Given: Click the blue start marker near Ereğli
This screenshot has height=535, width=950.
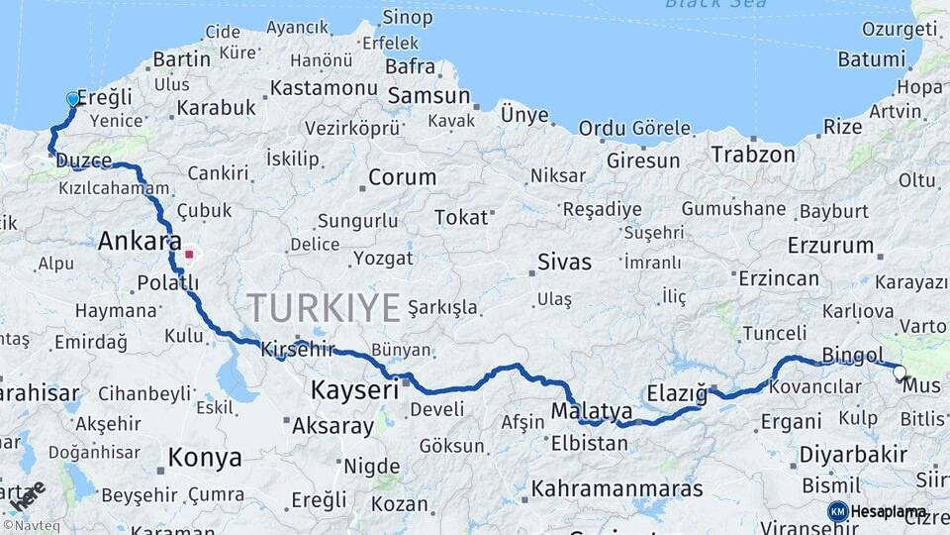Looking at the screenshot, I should [72, 99].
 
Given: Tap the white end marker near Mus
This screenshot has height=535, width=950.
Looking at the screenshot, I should [900, 374].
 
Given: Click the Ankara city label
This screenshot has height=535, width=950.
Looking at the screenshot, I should [139, 241].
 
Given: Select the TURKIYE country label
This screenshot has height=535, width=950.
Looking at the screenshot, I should [324, 307].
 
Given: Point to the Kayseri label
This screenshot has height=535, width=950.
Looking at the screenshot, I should [354, 389].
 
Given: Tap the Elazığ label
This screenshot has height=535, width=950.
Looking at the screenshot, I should [677, 394].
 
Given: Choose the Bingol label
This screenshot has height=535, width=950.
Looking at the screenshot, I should [852, 355].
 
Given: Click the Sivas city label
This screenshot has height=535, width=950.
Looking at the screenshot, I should [564, 263].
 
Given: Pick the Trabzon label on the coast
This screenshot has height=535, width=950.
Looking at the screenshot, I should [752, 155].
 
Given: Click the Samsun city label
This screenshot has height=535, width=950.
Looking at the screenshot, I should [428, 96].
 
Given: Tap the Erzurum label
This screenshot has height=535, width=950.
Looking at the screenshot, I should [830, 245].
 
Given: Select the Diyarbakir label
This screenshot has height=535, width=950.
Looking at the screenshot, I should [852, 455].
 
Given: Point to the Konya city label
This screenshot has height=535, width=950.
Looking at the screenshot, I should [204, 458].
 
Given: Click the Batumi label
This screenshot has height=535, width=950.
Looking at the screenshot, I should [871, 59].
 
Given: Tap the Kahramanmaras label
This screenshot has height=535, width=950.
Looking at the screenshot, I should [617, 488].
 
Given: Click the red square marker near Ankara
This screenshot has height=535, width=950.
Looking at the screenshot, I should [188, 255].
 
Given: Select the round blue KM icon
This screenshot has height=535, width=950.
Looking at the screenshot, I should [837, 511].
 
